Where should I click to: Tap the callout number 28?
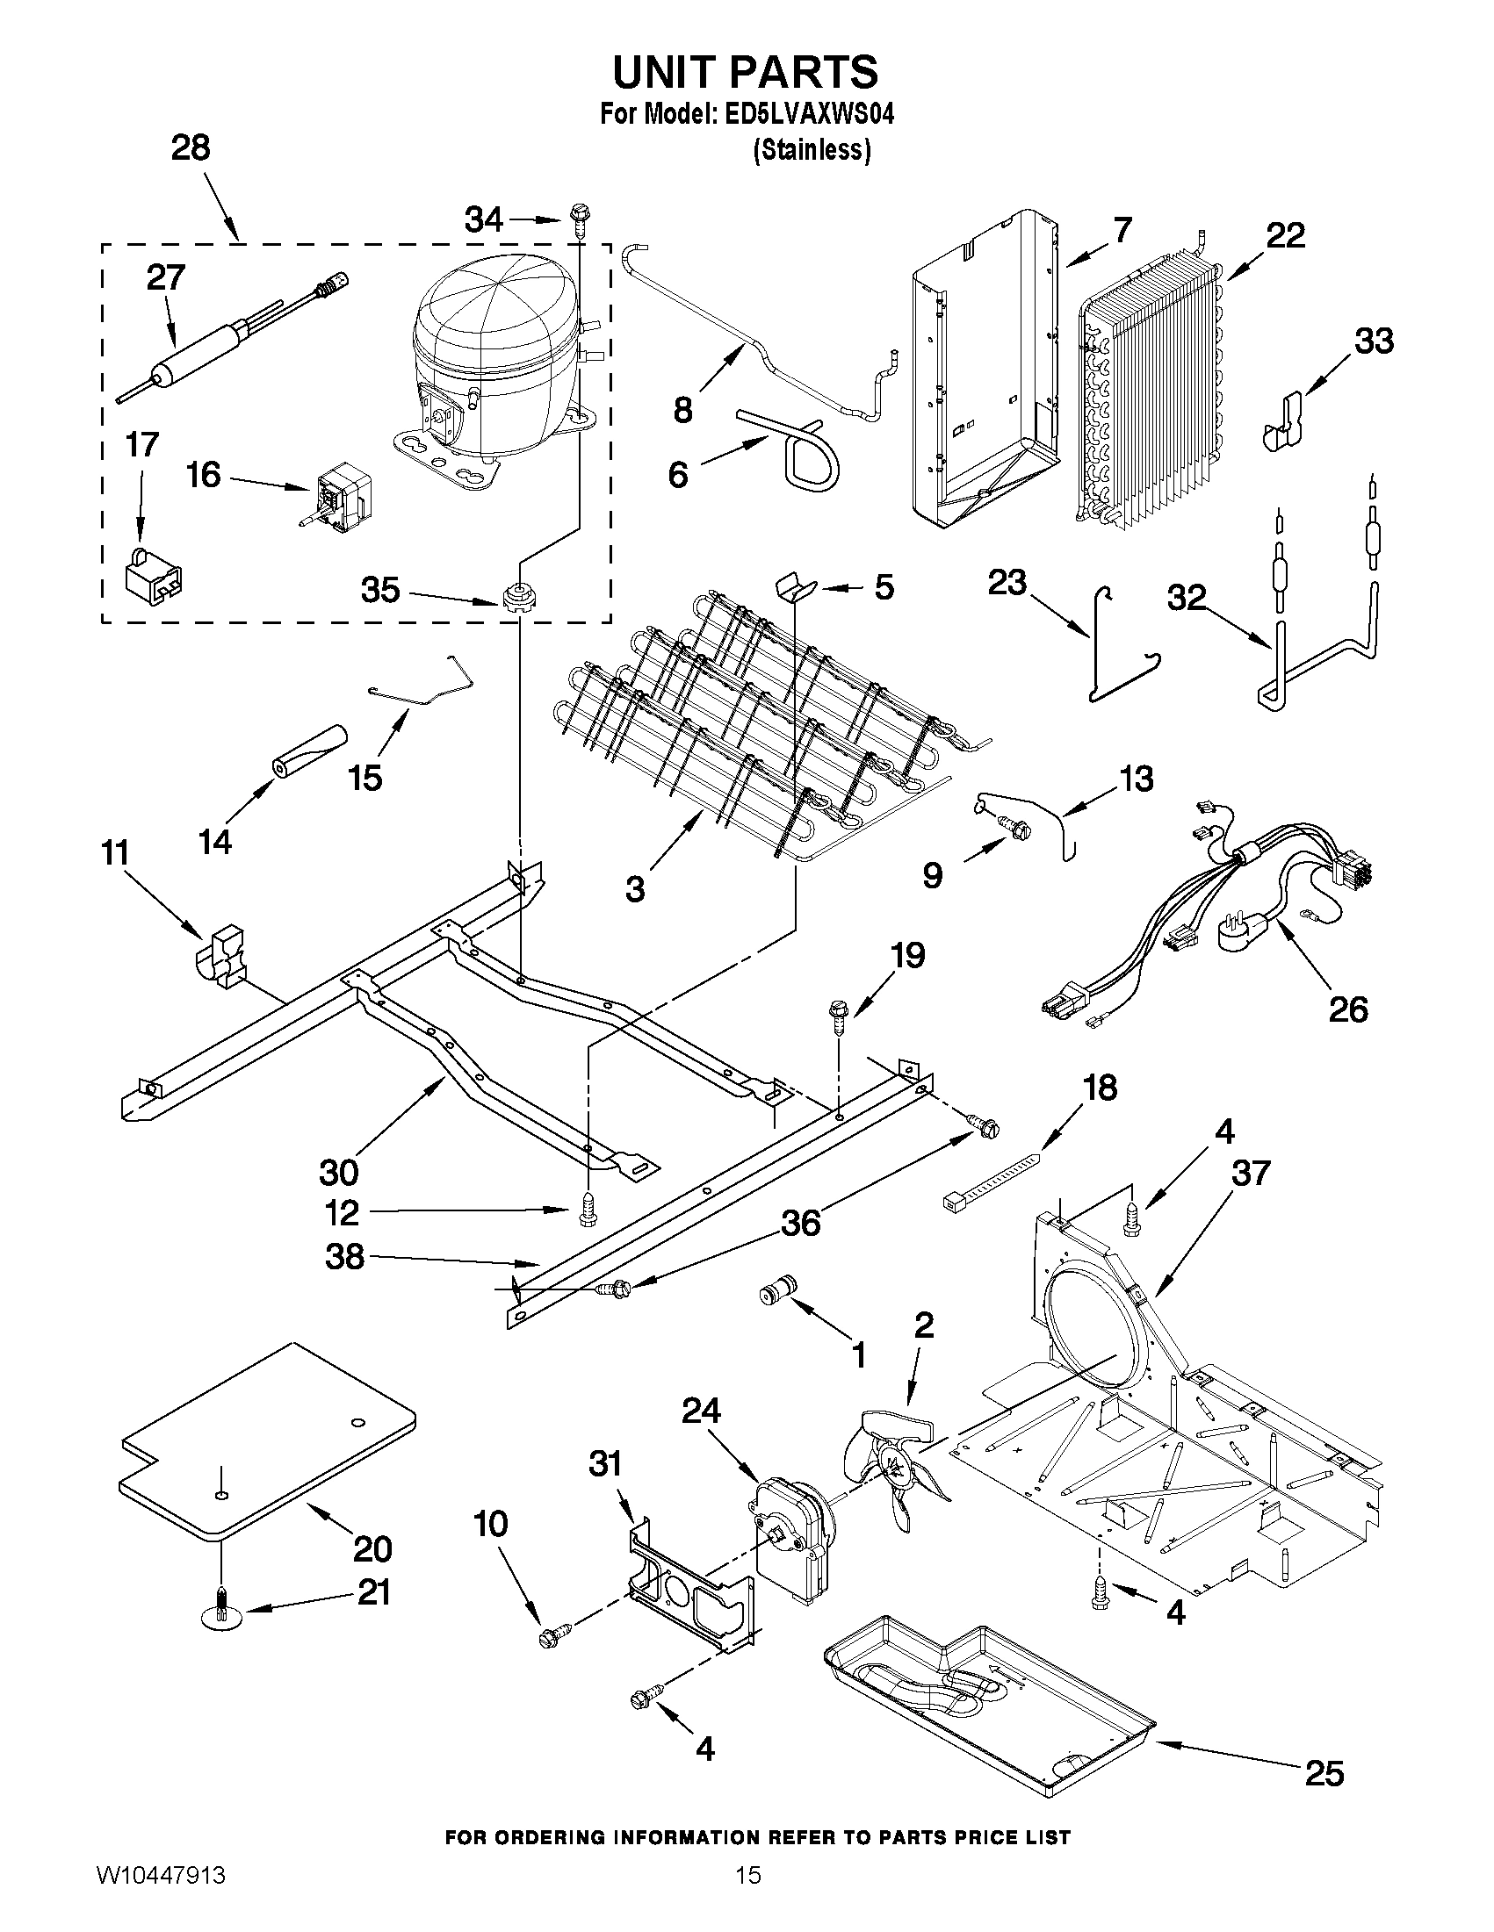[x=191, y=147]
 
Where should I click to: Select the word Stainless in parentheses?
[x=812, y=151]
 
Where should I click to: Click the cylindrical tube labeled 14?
[x=310, y=751]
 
